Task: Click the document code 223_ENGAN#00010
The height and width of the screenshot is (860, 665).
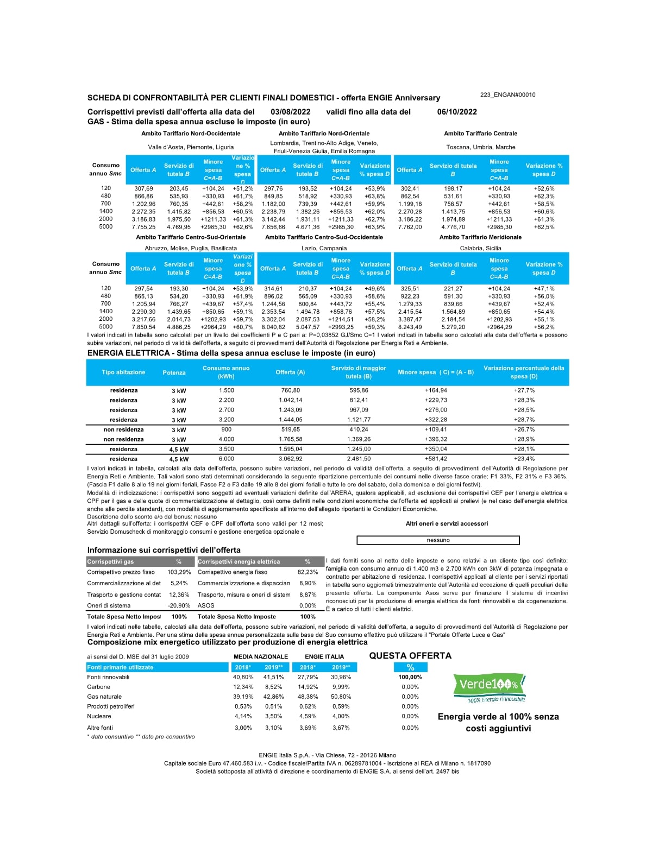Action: pos(507,95)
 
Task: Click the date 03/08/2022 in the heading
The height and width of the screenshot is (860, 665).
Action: pos(290,112)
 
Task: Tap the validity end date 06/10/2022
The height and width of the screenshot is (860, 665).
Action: pos(457,112)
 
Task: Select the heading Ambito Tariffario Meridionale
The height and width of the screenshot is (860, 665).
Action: pos(480,237)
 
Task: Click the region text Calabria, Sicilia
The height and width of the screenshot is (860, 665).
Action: pos(481,248)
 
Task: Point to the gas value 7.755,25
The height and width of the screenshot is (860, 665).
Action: pos(143,227)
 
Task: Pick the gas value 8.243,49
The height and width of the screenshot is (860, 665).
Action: pos(410,327)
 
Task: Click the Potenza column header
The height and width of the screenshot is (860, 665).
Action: pos(174,372)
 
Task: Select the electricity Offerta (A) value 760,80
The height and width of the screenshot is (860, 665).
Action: pos(291,390)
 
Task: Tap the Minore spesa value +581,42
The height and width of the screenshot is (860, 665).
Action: pos(436,459)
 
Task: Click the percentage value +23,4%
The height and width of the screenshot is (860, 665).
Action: pos(524,459)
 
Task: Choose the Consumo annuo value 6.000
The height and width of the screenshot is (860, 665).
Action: pos(227,459)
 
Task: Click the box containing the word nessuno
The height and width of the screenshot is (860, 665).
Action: pos(438,540)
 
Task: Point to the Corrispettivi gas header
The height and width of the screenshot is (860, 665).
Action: pos(110,561)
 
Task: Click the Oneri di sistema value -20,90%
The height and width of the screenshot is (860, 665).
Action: pos(179,605)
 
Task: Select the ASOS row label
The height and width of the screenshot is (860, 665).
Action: pos(206,605)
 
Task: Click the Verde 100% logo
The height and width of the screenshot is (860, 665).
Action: pos(490,687)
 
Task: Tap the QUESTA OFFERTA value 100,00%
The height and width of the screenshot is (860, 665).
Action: pos(410,677)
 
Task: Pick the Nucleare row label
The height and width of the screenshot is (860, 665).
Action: pos(99,716)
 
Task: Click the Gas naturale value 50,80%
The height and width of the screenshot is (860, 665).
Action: pos(341,697)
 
